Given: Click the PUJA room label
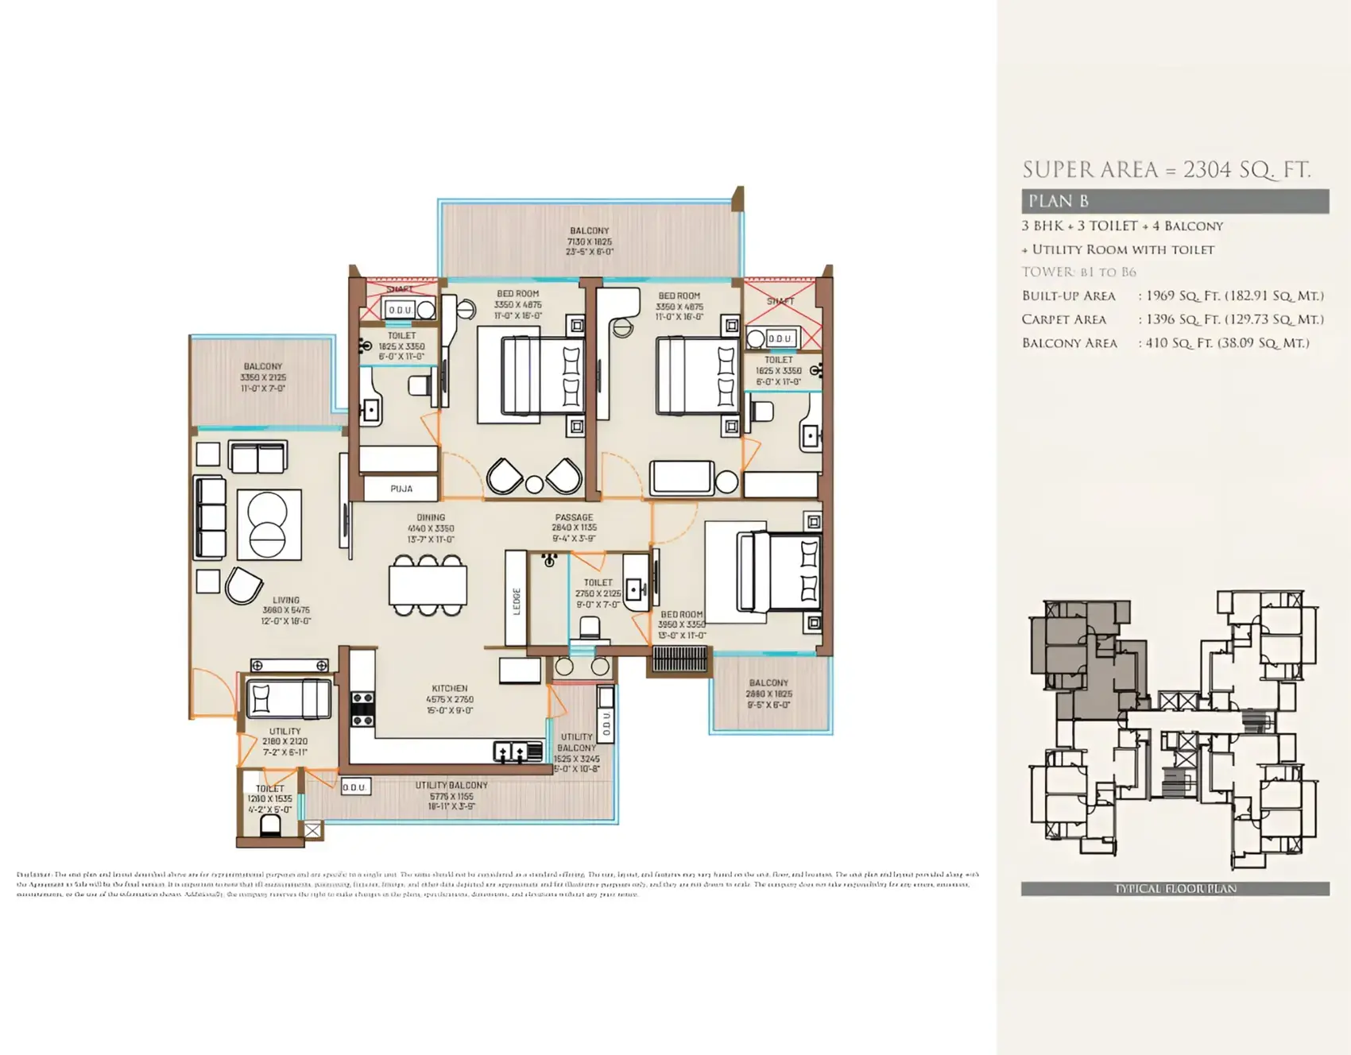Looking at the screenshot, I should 401,489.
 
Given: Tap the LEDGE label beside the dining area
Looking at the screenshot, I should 517,601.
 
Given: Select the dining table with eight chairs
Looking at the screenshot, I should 428,586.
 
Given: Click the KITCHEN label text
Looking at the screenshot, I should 450,688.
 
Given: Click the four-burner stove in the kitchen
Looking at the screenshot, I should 362,709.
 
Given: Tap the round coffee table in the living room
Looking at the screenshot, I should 268,525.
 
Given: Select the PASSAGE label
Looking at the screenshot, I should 574,517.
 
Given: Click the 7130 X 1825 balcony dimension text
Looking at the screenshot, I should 589,242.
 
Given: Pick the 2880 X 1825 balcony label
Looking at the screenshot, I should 768,694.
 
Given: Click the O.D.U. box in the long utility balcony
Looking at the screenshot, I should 354,787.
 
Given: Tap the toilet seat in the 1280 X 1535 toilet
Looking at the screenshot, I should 270,825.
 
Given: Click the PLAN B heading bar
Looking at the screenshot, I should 1175,201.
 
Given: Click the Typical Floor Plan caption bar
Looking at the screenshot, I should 1175,888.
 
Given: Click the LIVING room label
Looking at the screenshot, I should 286,600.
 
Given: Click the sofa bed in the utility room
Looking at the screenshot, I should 288,699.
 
